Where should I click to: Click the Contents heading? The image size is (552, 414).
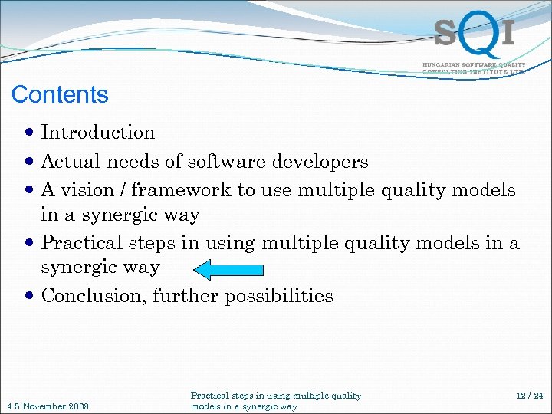click(60, 95)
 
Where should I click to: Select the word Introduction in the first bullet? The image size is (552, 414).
click(98, 133)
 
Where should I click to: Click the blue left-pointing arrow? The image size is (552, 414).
click(229, 269)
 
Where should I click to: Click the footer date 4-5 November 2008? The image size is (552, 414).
click(48, 406)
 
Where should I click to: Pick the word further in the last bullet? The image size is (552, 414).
click(182, 296)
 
